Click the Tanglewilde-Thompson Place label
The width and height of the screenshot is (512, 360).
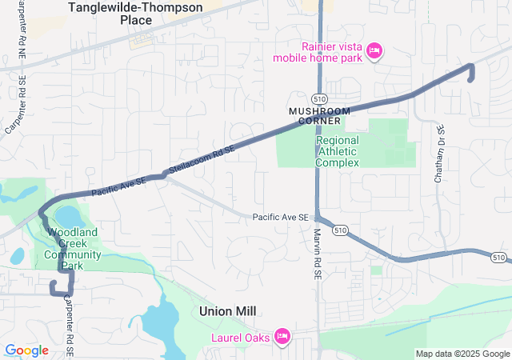[x=135, y=13]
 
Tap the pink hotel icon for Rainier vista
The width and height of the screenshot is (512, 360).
[x=373, y=52]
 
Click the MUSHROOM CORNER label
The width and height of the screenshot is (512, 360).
[x=319, y=115]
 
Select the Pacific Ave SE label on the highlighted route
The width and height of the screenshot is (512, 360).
[x=118, y=187]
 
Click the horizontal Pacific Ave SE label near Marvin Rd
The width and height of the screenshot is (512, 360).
[x=280, y=217]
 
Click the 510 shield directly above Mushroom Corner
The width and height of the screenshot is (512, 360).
[x=320, y=98]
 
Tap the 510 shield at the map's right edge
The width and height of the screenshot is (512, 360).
[x=499, y=258]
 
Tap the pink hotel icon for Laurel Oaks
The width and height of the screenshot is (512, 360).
[x=282, y=337]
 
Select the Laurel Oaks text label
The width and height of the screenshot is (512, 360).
[x=241, y=337]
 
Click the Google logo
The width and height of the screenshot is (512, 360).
[x=26, y=350]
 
